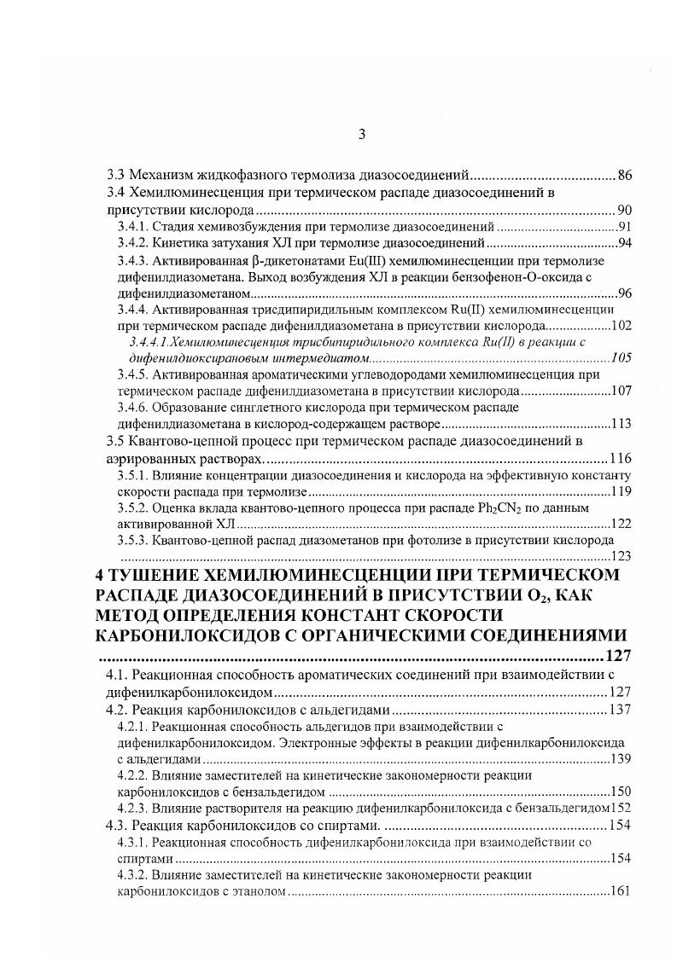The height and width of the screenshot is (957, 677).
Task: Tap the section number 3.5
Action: coord(114,441)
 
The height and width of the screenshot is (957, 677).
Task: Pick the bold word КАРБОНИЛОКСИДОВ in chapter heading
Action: coord(192,635)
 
